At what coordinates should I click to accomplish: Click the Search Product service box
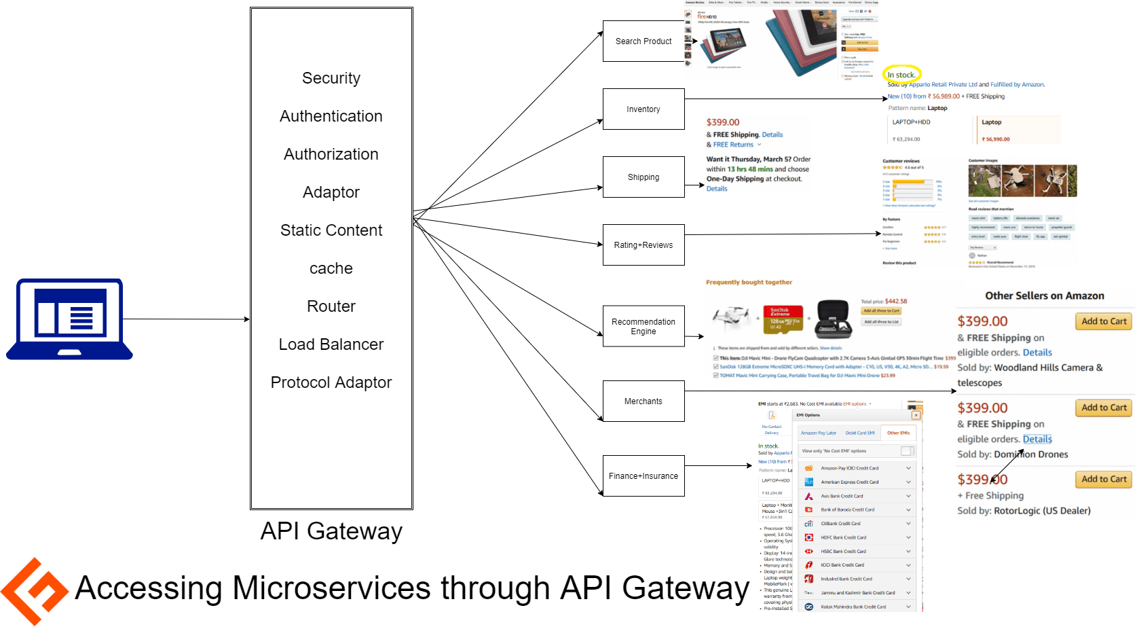point(643,41)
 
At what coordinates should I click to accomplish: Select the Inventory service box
point(643,109)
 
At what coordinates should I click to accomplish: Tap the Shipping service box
point(643,177)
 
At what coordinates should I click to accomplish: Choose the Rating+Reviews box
point(643,245)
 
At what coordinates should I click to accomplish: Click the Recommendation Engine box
point(643,326)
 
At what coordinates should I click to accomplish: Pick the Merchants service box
point(643,401)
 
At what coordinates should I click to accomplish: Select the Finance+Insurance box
point(643,476)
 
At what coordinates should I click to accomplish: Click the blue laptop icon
point(69,319)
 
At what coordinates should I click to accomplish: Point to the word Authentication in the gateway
point(331,116)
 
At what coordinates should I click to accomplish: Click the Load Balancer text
point(331,344)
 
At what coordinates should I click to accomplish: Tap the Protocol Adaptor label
point(331,382)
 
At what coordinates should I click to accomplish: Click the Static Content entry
point(331,230)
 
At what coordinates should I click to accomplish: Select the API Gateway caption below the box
point(331,531)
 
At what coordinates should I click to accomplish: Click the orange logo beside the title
point(34,590)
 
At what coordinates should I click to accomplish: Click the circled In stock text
point(901,75)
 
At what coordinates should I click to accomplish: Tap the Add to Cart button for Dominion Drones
point(1103,408)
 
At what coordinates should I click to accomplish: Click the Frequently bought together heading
point(749,282)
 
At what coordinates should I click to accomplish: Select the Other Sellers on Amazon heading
point(1044,295)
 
